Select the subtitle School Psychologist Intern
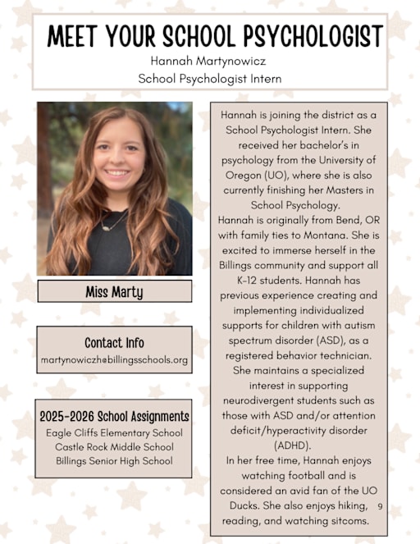(210, 79)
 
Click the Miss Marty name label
(114, 291)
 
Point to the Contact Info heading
(114, 342)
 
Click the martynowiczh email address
(114, 359)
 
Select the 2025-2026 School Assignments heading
(114, 416)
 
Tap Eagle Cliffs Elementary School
(114, 432)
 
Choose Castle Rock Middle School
(114, 446)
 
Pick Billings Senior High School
(114, 460)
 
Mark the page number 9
(381, 506)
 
